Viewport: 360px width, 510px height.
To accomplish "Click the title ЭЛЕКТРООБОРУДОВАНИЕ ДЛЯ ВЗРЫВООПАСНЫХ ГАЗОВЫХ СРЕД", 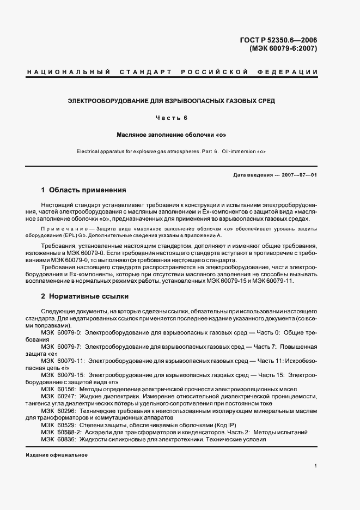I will pyautogui.click(x=171, y=101).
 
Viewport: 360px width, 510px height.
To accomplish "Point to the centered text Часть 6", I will pyautogui.click(x=171, y=118).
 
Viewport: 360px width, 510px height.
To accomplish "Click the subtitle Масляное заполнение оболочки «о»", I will pyautogui.click(x=171, y=134).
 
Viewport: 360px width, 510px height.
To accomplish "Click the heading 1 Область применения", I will pyautogui.click(x=83, y=190).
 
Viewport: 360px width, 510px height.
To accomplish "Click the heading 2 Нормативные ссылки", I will pyautogui.click(x=85, y=297).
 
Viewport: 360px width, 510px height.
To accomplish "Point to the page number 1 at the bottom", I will pyautogui.click(x=315, y=466).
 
